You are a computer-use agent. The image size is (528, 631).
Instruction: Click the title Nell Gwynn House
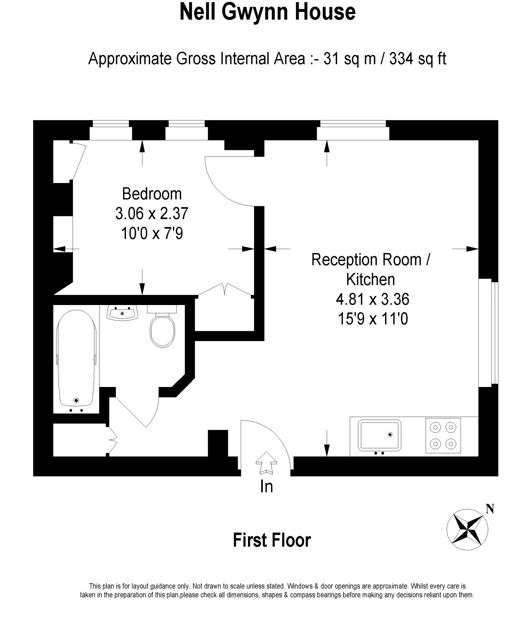pos(267,12)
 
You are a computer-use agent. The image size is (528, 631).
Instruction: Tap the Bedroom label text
pos(152,194)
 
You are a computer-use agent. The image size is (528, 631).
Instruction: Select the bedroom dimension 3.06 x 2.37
pos(152,213)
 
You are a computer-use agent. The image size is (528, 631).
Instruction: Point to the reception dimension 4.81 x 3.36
pos(372,299)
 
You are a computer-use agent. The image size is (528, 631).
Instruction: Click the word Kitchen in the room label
pos(371,279)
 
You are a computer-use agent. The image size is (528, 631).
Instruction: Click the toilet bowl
pos(162,330)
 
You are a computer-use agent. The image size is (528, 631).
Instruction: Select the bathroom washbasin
pos(122,313)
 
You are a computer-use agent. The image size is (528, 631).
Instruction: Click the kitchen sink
pos(380,435)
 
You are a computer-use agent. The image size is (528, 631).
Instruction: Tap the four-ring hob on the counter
pos(443,435)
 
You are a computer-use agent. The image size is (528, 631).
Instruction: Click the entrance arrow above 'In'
pos(266,462)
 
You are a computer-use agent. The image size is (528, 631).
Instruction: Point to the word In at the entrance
pos(266,486)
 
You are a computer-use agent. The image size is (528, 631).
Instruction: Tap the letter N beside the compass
pos(490,509)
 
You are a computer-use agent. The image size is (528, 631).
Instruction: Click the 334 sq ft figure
pos(418,58)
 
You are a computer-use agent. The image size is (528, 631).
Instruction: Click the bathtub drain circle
pos(76,400)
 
